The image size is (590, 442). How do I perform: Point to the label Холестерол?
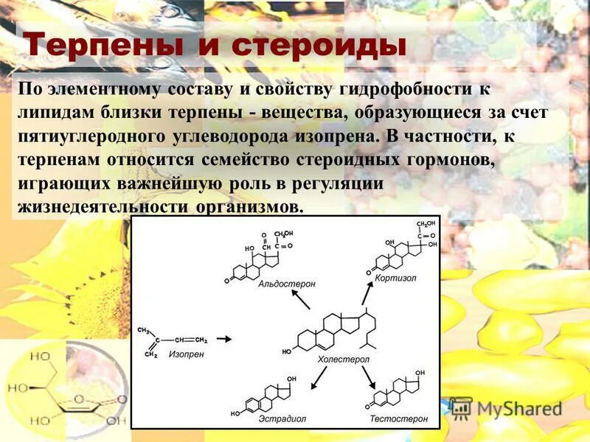(x=343, y=359)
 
